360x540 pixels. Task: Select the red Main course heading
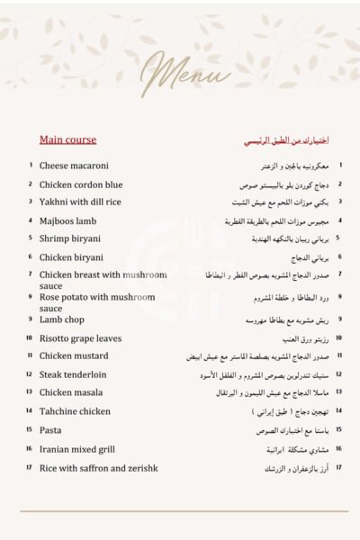[67, 139]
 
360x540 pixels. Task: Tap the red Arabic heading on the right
[286, 140]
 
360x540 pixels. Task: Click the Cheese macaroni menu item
[74, 166]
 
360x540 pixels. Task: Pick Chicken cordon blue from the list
[82, 184]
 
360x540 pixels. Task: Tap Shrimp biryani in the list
[70, 238]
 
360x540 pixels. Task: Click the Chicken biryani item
[72, 256]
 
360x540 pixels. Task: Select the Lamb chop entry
[63, 319]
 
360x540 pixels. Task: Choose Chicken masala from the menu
[72, 392]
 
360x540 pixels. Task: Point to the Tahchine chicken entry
[76, 411]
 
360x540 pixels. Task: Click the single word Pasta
[50, 430]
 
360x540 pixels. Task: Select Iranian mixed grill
[77, 448]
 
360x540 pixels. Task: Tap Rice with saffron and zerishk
[99, 467]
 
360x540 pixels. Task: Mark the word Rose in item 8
[49, 296]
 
